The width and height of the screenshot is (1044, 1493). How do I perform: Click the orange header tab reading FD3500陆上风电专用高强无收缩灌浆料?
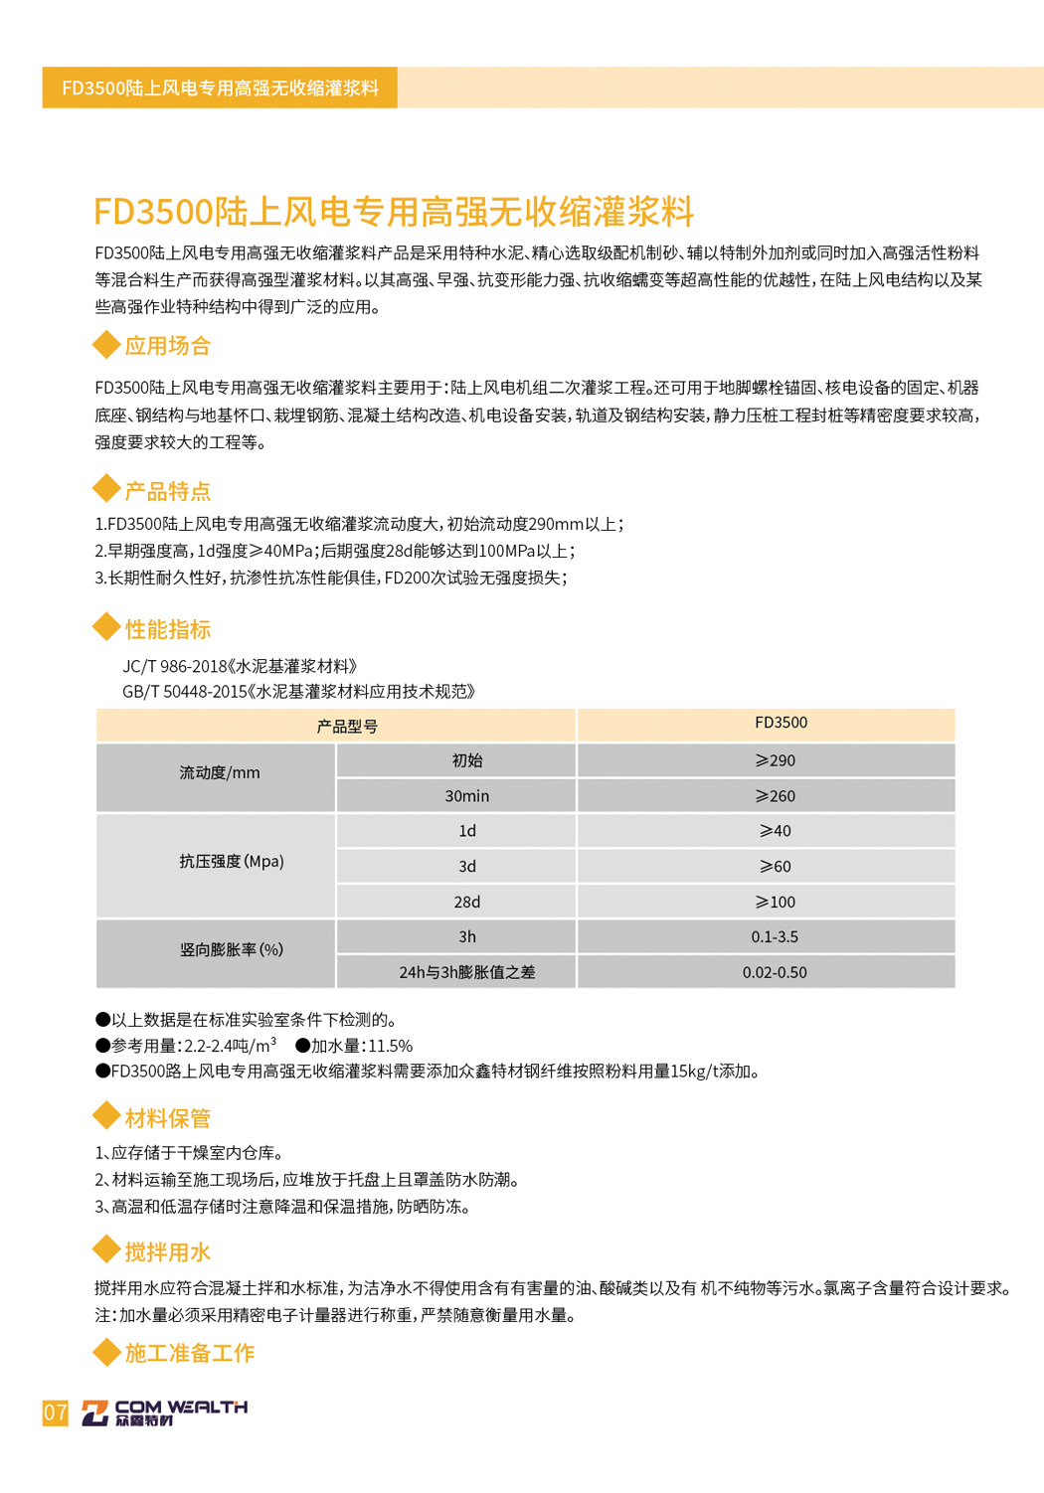click(x=220, y=87)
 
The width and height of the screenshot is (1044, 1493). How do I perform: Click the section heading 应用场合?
click(x=167, y=346)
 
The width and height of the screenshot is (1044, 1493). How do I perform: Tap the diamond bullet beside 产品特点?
click(x=105, y=488)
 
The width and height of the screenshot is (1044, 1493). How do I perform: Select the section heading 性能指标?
click(x=167, y=629)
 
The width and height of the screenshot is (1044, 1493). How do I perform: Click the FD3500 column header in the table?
click(x=781, y=723)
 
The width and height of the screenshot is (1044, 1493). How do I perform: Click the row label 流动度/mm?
click(x=219, y=772)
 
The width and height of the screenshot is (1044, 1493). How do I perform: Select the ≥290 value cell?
click(x=775, y=760)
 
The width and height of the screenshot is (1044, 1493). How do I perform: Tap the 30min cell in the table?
click(x=466, y=796)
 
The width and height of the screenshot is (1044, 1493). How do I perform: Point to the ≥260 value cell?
click(x=775, y=796)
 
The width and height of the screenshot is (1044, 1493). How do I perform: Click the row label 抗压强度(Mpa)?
click(x=231, y=862)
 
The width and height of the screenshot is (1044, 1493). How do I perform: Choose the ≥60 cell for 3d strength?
click(x=775, y=867)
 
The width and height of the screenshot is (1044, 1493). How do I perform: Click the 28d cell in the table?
click(x=466, y=903)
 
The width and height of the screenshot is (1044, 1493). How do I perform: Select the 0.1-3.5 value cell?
click(x=775, y=937)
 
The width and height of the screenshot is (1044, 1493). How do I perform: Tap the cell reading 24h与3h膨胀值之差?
click(x=466, y=972)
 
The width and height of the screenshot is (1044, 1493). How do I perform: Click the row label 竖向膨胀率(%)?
click(x=231, y=950)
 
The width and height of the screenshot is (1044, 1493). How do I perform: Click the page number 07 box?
click(x=56, y=1411)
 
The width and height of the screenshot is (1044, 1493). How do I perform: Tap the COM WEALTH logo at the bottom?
click(x=165, y=1411)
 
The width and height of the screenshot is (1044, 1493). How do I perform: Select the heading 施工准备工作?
click(x=189, y=1353)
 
